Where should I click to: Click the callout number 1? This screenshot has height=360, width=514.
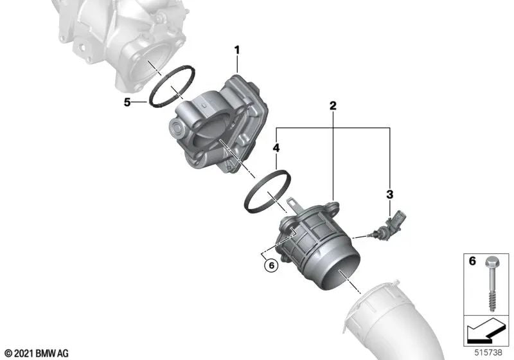[x=237, y=49]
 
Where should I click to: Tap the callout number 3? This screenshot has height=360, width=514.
[x=389, y=193]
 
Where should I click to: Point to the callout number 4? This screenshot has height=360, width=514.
[x=276, y=148]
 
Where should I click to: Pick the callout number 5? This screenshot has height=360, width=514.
[x=127, y=102]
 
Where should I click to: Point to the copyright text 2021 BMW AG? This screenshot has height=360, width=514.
[x=36, y=353]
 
